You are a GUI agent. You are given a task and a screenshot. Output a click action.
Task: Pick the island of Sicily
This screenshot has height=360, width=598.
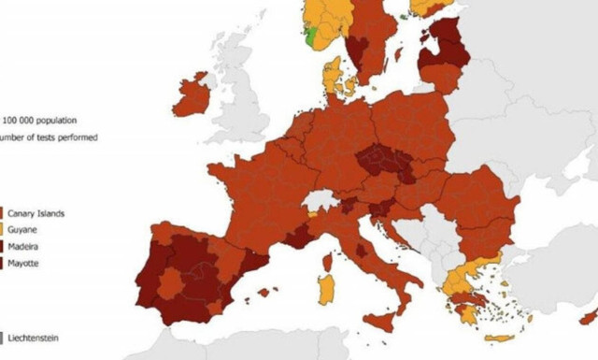[378, 322]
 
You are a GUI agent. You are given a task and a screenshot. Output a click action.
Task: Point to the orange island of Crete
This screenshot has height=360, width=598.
[498, 338]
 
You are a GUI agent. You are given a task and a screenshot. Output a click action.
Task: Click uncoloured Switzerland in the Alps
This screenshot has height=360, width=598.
[323, 202]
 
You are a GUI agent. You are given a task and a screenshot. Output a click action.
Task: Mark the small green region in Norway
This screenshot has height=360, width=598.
[309, 37]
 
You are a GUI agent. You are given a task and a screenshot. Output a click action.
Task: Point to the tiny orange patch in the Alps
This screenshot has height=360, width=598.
[313, 214]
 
